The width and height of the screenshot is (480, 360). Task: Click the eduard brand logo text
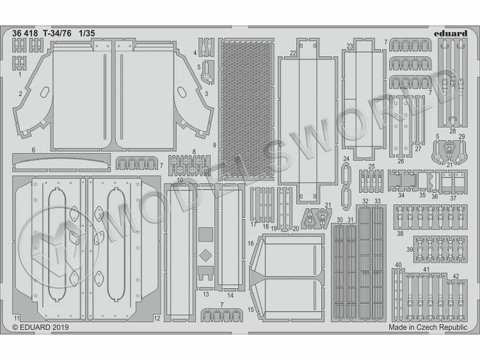(x=451, y=33)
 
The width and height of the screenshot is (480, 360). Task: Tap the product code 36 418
(x=25, y=33)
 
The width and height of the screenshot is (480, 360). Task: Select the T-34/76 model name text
(x=57, y=33)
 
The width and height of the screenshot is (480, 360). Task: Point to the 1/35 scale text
(x=87, y=33)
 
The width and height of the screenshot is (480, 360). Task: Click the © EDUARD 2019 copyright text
(x=41, y=327)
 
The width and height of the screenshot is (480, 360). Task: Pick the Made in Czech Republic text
(x=428, y=327)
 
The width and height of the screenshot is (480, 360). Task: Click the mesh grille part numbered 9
(x=246, y=110)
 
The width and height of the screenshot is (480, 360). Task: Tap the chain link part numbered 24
(x=346, y=186)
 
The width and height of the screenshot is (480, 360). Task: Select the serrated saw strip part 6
(x=61, y=162)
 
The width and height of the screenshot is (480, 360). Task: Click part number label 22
(x=293, y=53)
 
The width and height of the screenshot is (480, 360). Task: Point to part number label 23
(x=349, y=46)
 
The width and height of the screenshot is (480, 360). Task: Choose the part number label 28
(x=452, y=131)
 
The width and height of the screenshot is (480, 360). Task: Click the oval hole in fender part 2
(x=45, y=92)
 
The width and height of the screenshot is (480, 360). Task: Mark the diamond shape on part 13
(x=205, y=256)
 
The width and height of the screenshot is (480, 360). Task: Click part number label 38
(x=400, y=233)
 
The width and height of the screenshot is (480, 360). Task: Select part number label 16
(x=251, y=243)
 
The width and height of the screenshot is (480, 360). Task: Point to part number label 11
(x=17, y=318)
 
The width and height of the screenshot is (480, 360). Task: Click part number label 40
(x=398, y=265)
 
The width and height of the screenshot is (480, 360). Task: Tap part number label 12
(x=157, y=318)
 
